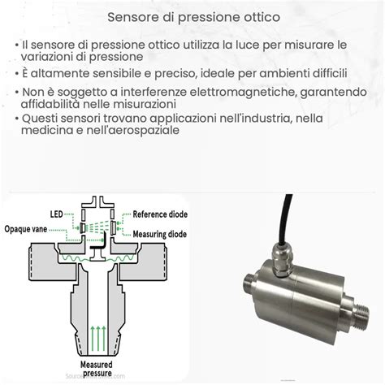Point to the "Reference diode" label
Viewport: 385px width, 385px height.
click(x=162, y=215)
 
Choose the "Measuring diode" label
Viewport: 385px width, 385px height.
click(x=161, y=234)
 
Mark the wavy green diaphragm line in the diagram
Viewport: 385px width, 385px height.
click(x=97, y=244)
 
